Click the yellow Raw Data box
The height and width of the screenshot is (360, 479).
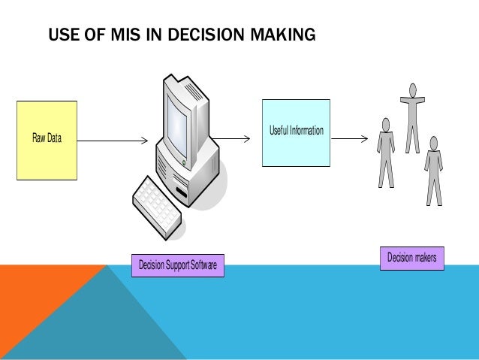pyautogui.click(x=47, y=140)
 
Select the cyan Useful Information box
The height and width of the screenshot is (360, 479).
pyautogui.click(x=296, y=132)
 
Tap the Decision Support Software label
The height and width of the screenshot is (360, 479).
pyautogui.click(x=177, y=265)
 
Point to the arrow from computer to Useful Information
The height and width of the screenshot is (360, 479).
pyautogui.click(x=233, y=138)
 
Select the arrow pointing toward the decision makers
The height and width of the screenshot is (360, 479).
pyautogui.click(x=350, y=138)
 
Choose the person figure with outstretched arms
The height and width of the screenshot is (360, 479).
pyautogui.click(x=412, y=113)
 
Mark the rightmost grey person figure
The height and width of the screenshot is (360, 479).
pyautogui.click(x=433, y=170)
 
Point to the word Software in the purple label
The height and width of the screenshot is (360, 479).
pyautogui.click(x=203, y=265)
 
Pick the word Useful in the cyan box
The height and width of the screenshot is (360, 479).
pyautogui.click(x=279, y=132)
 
